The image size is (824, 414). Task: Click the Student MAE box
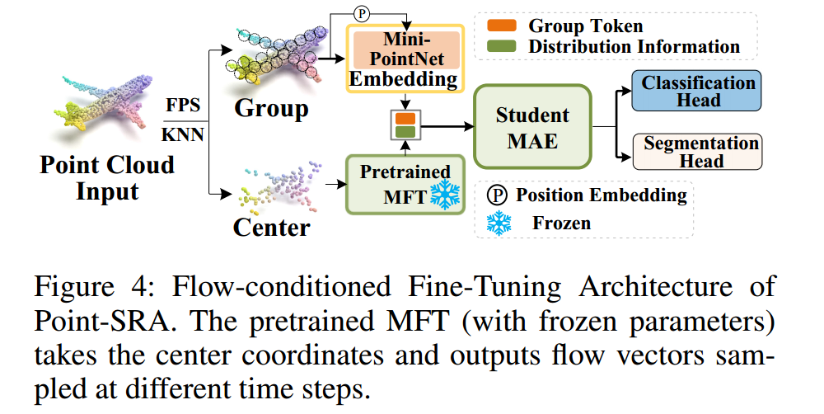pyautogui.click(x=531, y=128)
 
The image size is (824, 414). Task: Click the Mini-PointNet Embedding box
pyautogui.click(x=405, y=58)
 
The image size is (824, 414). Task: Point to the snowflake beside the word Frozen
pyautogui.click(x=499, y=223)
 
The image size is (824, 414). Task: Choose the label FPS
pyautogui.click(x=184, y=106)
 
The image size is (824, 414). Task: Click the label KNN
pyautogui.click(x=183, y=134)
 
